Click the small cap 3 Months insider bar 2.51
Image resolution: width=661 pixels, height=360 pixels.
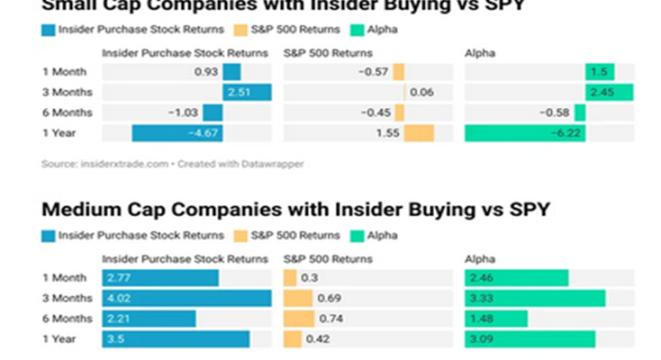(247, 92)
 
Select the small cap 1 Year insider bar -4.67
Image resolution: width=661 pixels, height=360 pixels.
(177, 133)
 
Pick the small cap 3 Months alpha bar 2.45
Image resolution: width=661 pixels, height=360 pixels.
(609, 92)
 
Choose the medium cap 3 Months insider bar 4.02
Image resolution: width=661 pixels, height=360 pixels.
(186, 298)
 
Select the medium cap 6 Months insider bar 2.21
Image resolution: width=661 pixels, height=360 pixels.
(149, 319)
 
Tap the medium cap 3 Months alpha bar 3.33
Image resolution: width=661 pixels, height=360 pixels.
(535, 298)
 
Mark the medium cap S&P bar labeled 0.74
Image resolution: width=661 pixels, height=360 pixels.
(299, 319)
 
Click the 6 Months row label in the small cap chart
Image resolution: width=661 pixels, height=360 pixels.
(62, 112)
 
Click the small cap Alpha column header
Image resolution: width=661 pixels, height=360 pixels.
(479, 53)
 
